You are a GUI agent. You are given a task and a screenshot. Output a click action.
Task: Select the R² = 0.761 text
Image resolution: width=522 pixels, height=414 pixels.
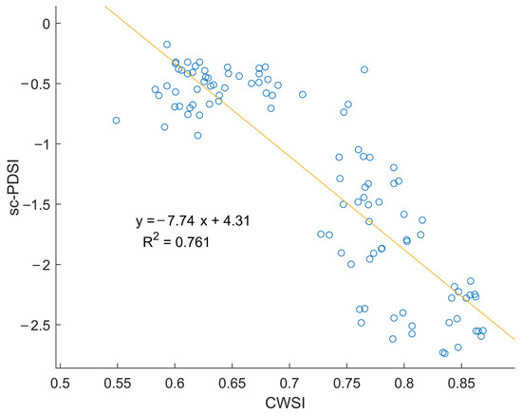tap(174, 241)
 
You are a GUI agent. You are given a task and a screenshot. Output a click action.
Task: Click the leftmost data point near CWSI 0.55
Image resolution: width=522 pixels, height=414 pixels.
tap(116, 121)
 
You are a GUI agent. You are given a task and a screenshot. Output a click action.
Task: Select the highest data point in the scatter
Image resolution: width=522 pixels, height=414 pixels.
tap(167, 45)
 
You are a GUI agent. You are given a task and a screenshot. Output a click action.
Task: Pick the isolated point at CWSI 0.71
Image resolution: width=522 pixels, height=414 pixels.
tap(303, 95)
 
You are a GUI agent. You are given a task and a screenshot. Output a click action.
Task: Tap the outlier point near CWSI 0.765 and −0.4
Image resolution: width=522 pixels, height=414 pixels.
tap(364, 69)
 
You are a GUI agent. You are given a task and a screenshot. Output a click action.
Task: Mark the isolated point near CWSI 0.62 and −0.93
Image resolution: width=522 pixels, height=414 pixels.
tap(197, 136)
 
